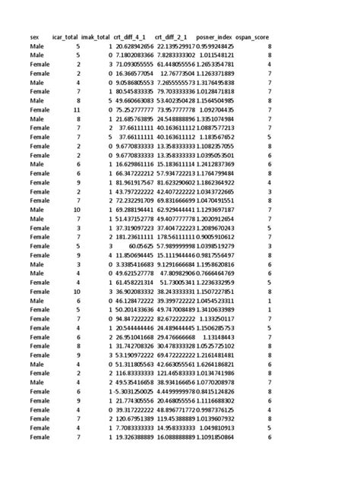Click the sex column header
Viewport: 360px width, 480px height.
point(35,36)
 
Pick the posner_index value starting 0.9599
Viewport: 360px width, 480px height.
point(215,46)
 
